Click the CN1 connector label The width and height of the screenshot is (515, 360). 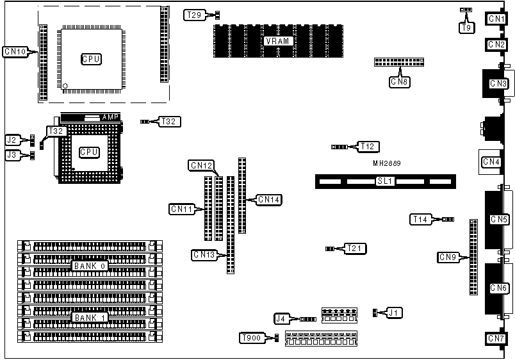(497, 19)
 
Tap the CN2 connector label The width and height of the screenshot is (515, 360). (497, 45)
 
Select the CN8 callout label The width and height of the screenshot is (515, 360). (400, 81)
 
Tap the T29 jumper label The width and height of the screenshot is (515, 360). (194, 14)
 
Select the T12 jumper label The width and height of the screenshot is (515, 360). (367, 147)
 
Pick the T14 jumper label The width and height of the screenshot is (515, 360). (420, 220)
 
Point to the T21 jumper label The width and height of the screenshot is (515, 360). (354, 248)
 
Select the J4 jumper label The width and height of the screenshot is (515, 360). (281, 318)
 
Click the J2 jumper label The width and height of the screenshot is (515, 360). (12, 139)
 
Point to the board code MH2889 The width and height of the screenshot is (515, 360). (388, 163)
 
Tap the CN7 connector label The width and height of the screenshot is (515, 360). (497, 338)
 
